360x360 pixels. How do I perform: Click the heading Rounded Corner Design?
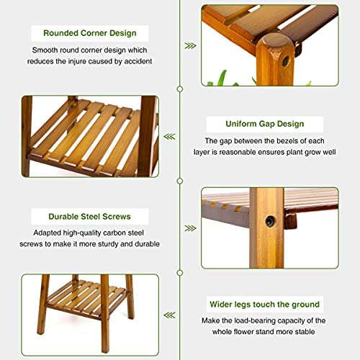[90, 33]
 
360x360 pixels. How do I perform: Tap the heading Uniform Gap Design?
[265, 124]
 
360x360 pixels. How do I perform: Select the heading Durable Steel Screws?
[89, 217]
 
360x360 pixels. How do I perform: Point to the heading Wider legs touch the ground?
[265, 305]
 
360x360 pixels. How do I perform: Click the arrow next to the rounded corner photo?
[190, 45]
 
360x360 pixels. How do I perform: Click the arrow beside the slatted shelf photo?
[169, 137]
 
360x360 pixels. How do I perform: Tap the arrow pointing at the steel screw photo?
[190, 228]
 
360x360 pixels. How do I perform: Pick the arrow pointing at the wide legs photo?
[169, 315]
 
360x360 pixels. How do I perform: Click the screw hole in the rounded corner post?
[286, 61]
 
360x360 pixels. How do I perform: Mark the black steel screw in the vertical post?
[271, 220]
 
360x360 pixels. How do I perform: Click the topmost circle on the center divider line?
[180, 89]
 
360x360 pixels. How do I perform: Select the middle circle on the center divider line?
[180, 181]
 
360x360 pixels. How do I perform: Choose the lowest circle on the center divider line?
[180, 273]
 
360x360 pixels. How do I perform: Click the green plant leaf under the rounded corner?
[222, 77]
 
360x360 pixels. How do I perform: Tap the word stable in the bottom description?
[305, 332]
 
